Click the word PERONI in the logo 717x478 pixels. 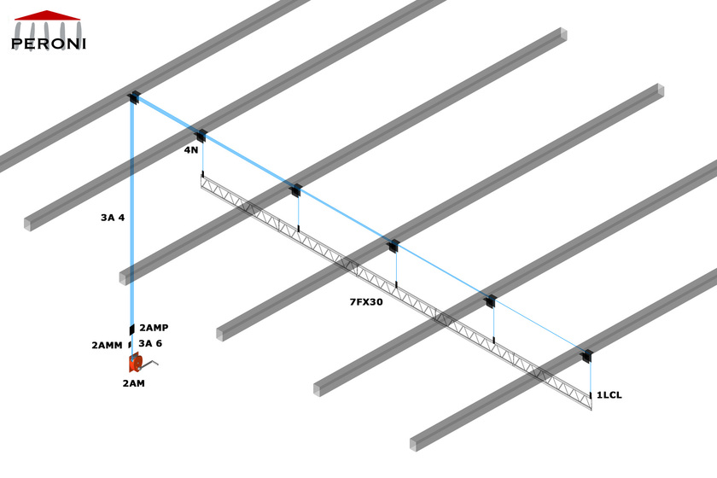48,43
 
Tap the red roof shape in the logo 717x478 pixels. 48,15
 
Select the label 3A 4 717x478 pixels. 113,218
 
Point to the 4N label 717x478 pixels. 191,150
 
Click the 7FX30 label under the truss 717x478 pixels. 366,302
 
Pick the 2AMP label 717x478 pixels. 154,328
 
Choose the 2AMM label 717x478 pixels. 108,346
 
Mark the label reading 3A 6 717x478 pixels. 150,343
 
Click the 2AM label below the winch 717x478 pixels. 133,383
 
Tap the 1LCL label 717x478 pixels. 609,395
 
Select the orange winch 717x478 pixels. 135,364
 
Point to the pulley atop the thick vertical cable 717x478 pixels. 133,98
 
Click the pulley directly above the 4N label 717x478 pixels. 201,136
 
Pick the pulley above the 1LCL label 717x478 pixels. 586,356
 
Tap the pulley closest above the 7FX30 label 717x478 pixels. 393,247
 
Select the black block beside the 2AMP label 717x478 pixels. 132,329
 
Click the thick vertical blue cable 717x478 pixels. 132,213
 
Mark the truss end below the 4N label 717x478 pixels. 203,181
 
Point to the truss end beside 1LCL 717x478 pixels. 590,401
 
